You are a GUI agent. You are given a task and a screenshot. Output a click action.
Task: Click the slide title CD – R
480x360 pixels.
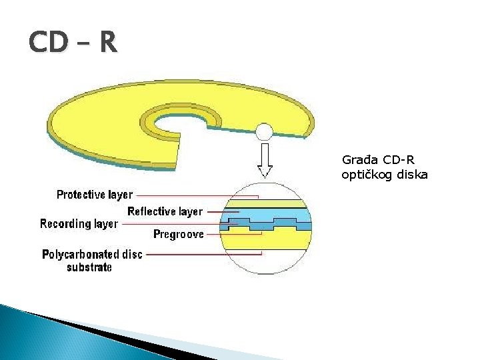[x=73, y=43]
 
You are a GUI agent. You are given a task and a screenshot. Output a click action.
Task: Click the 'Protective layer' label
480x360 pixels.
[x=95, y=195]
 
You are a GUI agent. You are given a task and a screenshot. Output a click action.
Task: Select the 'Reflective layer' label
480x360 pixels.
[x=165, y=211]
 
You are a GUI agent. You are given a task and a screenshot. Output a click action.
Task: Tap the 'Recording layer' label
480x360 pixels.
[x=79, y=223]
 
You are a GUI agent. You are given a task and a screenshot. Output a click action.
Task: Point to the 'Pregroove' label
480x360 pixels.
[x=179, y=234]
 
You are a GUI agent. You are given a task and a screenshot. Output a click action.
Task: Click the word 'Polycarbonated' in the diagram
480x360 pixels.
[x=75, y=255]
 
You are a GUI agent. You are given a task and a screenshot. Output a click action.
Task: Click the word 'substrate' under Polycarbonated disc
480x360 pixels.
[x=89, y=267]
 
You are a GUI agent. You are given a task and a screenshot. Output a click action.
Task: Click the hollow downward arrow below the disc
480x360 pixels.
[x=265, y=160]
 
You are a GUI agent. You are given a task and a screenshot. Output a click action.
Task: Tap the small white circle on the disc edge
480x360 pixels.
[x=265, y=131]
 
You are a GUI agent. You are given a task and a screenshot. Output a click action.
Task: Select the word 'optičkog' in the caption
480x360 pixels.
[x=365, y=175]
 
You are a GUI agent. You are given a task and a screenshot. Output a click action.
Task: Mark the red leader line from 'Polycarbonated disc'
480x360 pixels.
[x=200, y=254]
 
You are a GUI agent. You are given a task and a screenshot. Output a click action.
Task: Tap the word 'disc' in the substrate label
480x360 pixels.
[x=132, y=255]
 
